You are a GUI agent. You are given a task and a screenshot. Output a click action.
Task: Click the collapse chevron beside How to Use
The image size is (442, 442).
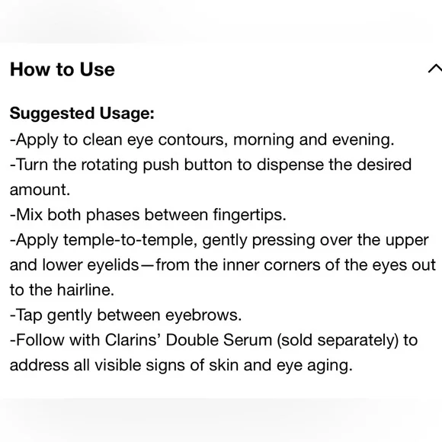(x=434, y=69)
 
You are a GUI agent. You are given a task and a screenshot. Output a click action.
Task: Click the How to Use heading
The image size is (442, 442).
(x=62, y=69)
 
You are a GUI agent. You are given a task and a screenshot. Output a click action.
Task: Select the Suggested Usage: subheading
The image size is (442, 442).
(x=82, y=114)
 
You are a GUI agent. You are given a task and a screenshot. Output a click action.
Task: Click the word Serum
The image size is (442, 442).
(x=256, y=341)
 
